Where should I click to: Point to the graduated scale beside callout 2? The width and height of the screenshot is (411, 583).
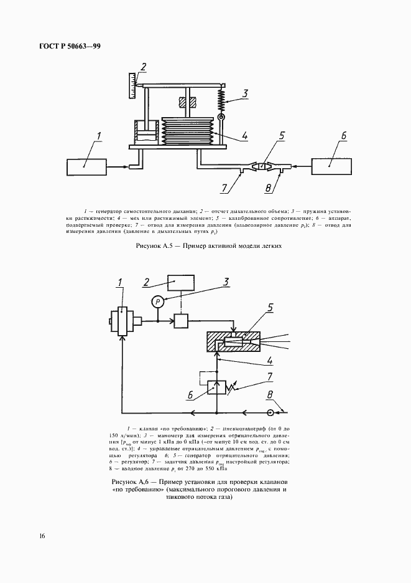click(x=132, y=85)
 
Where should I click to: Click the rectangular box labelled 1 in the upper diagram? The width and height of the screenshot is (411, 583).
click(x=86, y=167)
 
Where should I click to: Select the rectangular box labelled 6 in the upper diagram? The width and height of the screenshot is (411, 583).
click(x=331, y=166)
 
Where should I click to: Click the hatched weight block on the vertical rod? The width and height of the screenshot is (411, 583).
click(x=187, y=102)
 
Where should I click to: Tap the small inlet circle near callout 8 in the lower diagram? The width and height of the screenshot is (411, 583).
click(x=270, y=412)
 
